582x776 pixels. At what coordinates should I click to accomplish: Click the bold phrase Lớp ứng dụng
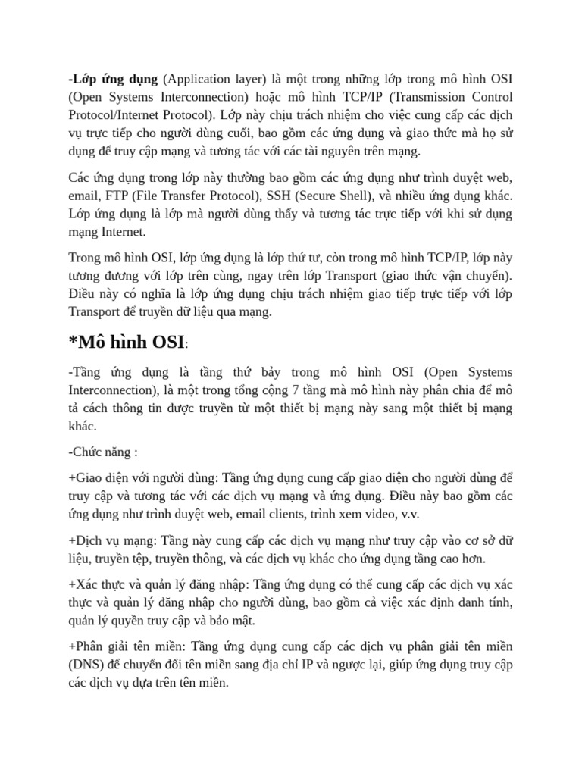pos(114,79)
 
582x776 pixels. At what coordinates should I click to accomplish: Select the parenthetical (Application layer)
pos(213,79)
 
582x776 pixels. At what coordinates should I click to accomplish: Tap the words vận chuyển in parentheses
pos(473,275)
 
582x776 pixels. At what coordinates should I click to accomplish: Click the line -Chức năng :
pos(103,452)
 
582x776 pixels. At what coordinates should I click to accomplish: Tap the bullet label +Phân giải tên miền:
pos(127,646)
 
